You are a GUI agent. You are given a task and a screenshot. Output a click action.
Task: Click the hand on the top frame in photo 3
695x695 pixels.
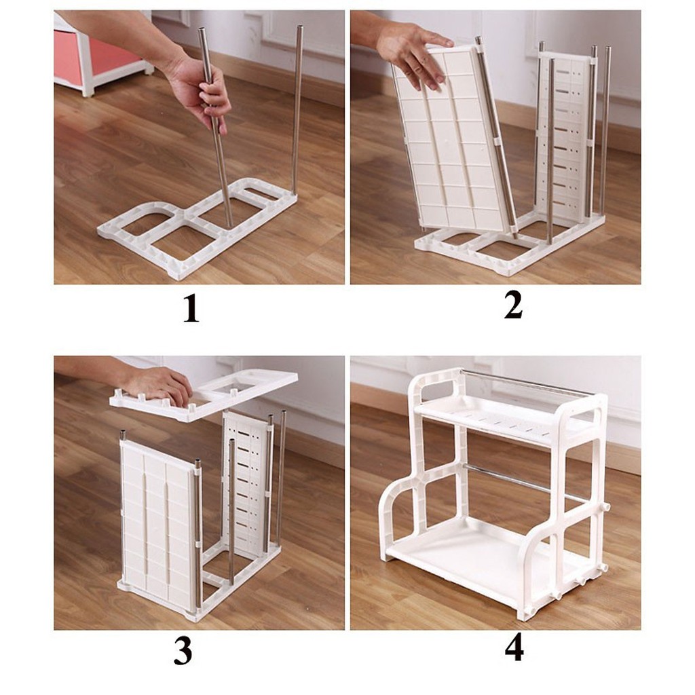tap(159, 385)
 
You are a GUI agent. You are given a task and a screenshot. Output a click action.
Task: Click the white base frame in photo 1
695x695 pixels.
tap(197, 227)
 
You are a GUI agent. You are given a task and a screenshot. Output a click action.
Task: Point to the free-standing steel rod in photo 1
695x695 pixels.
tap(297, 109)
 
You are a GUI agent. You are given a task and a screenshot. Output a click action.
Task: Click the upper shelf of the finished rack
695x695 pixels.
tap(502, 417)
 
